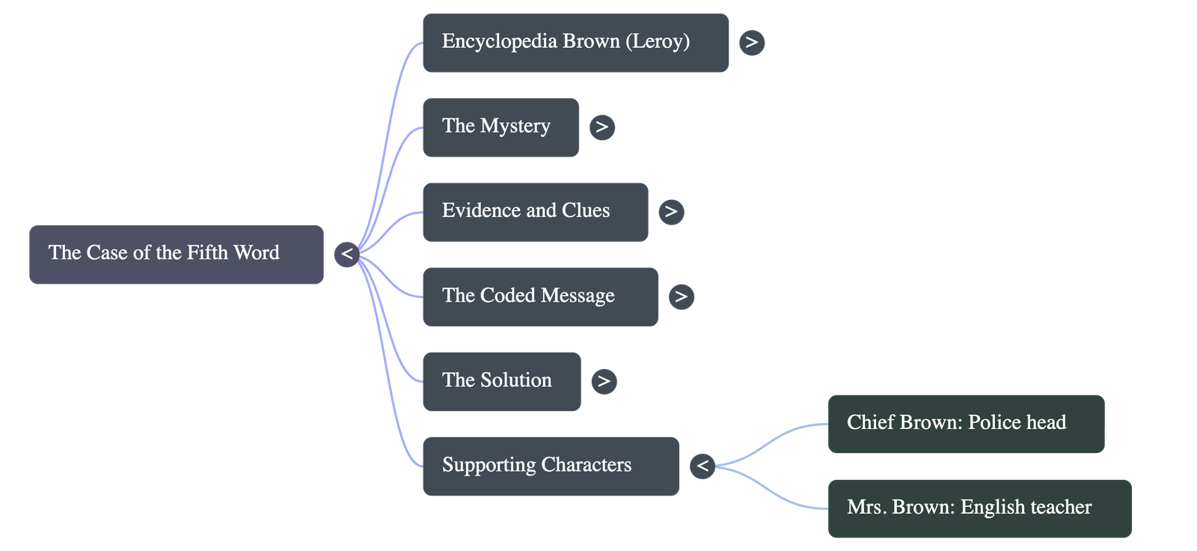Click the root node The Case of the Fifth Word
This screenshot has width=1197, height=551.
pyautogui.click(x=177, y=254)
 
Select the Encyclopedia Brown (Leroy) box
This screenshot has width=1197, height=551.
pyautogui.click(x=575, y=42)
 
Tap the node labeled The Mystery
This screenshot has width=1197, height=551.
pyautogui.click(x=500, y=127)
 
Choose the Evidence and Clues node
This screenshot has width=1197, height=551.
pyautogui.click(x=535, y=211)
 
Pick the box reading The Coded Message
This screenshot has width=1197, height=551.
pyautogui.click(x=539, y=296)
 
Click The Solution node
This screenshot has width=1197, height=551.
pyautogui.click(x=500, y=381)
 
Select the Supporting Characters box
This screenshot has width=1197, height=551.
pyautogui.click(x=550, y=466)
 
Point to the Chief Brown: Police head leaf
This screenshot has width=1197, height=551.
pyautogui.click(x=965, y=423)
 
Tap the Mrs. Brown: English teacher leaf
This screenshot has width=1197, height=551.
pyautogui.click(x=979, y=508)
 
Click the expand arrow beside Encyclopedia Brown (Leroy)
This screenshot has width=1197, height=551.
pyautogui.click(x=752, y=42)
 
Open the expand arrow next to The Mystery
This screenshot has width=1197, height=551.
pyautogui.click(x=602, y=127)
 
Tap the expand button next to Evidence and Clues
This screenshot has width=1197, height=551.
pyautogui.click(x=671, y=212)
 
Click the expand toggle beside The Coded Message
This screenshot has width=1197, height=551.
pyautogui.click(x=681, y=296)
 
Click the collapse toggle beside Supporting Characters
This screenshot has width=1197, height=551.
pyautogui.click(x=702, y=466)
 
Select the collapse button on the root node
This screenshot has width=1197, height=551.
pyautogui.click(x=346, y=254)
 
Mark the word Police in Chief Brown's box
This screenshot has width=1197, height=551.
pyautogui.click(x=994, y=423)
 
